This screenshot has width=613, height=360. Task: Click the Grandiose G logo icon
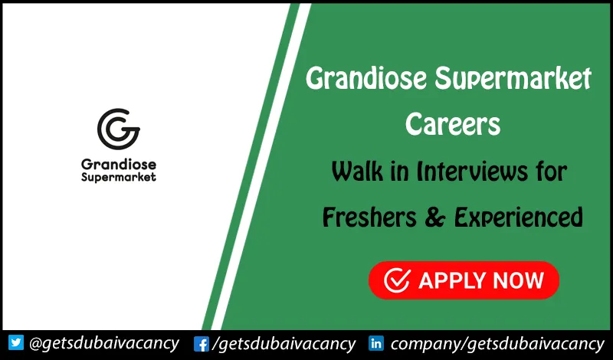pyautogui.click(x=119, y=129)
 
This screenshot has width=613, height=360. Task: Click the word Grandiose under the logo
pyautogui.click(x=118, y=162)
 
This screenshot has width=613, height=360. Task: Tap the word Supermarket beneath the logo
pyautogui.click(x=118, y=177)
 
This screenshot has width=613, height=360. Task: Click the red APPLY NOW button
pyautogui.click(x=464, y=280)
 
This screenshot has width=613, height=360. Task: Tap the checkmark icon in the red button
pyautogui.click(x=397, y=280)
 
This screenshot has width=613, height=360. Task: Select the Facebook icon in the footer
pyautogui.click(x=202, y=343)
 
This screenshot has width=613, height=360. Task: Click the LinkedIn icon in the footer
pyautogui.click(x=376, y=343)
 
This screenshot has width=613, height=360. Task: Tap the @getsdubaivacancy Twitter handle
pyautogui.click(x=103, y=342)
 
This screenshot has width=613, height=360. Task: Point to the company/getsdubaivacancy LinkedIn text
pyautogui.click(x=498, y=343)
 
